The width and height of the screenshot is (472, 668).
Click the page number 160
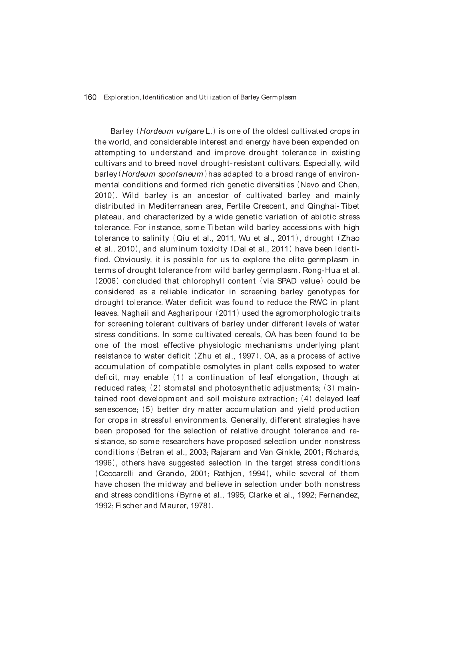click(x=90, y=97)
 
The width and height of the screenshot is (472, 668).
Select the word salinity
click(x=156, y=238)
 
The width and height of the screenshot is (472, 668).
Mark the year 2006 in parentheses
click(x=107, y=281)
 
